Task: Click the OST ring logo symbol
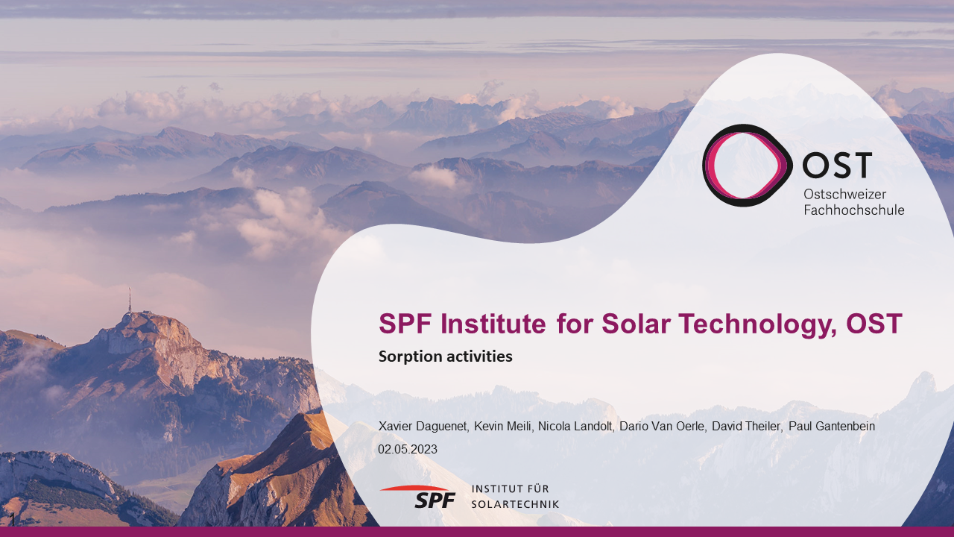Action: pos(705,166)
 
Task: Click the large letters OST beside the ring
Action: pos(837,165)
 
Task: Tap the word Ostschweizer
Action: pos(845,195)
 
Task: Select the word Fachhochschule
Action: pos(854,210)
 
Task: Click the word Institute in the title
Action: pos(493,324)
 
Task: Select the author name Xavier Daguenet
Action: pos(423,426)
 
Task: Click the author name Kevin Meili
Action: pos(503,426)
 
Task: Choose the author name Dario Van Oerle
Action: pos(663,426)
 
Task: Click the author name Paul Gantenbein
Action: pos(832,426)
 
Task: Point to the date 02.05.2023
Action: pos(408,449)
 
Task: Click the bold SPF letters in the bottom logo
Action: pos(435,500)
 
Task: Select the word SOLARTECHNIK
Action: pos(515,504)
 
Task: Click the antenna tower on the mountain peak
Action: pos(130,300)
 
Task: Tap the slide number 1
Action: pos(13,519)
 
